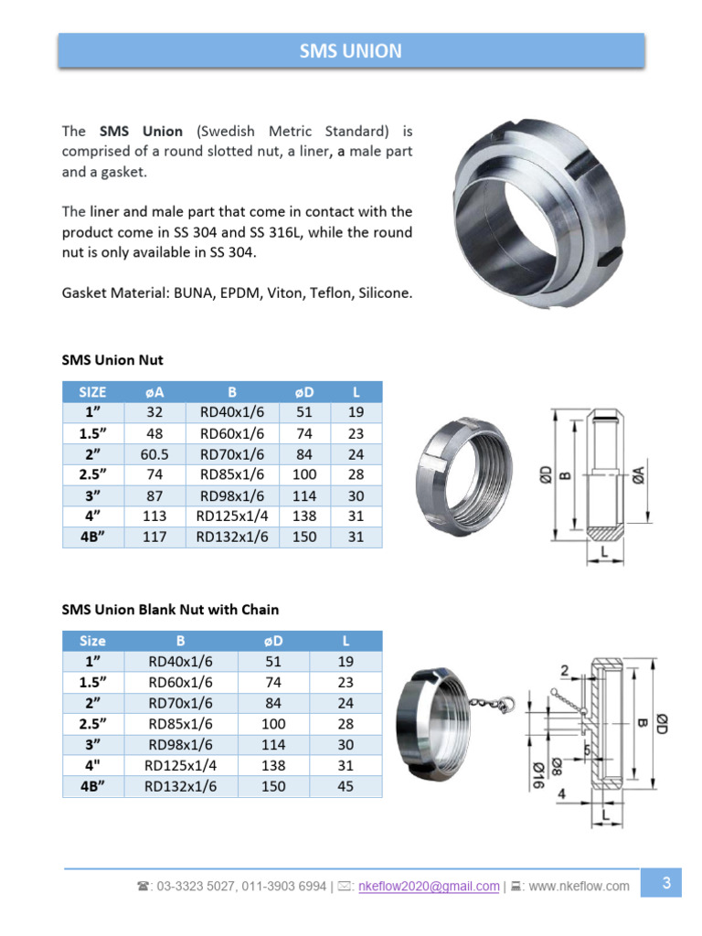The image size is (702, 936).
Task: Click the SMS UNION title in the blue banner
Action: click(351, 50)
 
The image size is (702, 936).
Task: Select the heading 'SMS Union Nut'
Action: click(112, 360)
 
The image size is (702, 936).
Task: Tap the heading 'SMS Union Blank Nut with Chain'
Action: click(170, 609)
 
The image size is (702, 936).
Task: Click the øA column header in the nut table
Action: click(154, 391)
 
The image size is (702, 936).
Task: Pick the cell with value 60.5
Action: click(154, 453)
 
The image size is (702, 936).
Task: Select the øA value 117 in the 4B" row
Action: click(154, 537)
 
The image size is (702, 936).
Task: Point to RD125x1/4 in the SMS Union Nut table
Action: click(232, 516)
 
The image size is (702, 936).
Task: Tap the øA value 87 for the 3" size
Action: click(154, 495)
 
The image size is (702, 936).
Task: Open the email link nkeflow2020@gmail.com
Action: click(430, 886)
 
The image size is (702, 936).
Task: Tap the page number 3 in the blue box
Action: click(666, 883)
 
